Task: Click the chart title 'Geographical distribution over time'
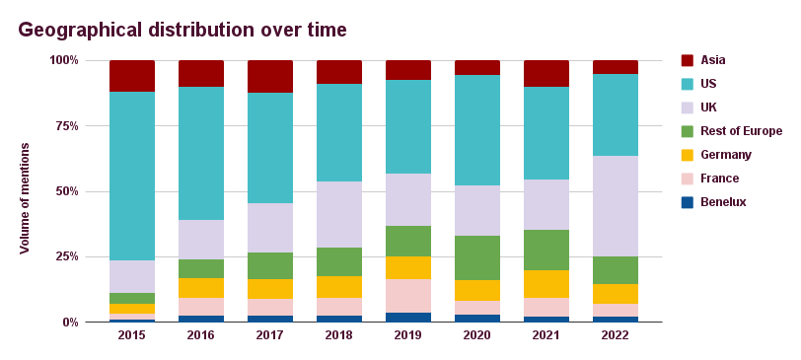(182, 30)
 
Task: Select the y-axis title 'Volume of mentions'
(25, 198)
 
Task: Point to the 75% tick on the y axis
(64, 126)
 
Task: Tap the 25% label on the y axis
(64, 256)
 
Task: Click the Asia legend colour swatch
(688, 60)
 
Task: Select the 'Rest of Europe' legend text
(741, 131)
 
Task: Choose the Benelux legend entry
(723, 202)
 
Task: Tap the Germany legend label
(726, 155)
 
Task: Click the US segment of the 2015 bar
(132, 176)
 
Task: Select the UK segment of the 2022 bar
(616, 206)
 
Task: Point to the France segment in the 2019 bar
(408, 296)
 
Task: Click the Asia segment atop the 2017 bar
(270, 76)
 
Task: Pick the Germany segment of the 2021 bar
(546, 284)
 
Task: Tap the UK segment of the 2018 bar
(339, 214)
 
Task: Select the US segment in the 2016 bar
(201, 153)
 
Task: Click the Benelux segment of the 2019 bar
(408, 317)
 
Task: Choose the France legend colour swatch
(688, 179)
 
